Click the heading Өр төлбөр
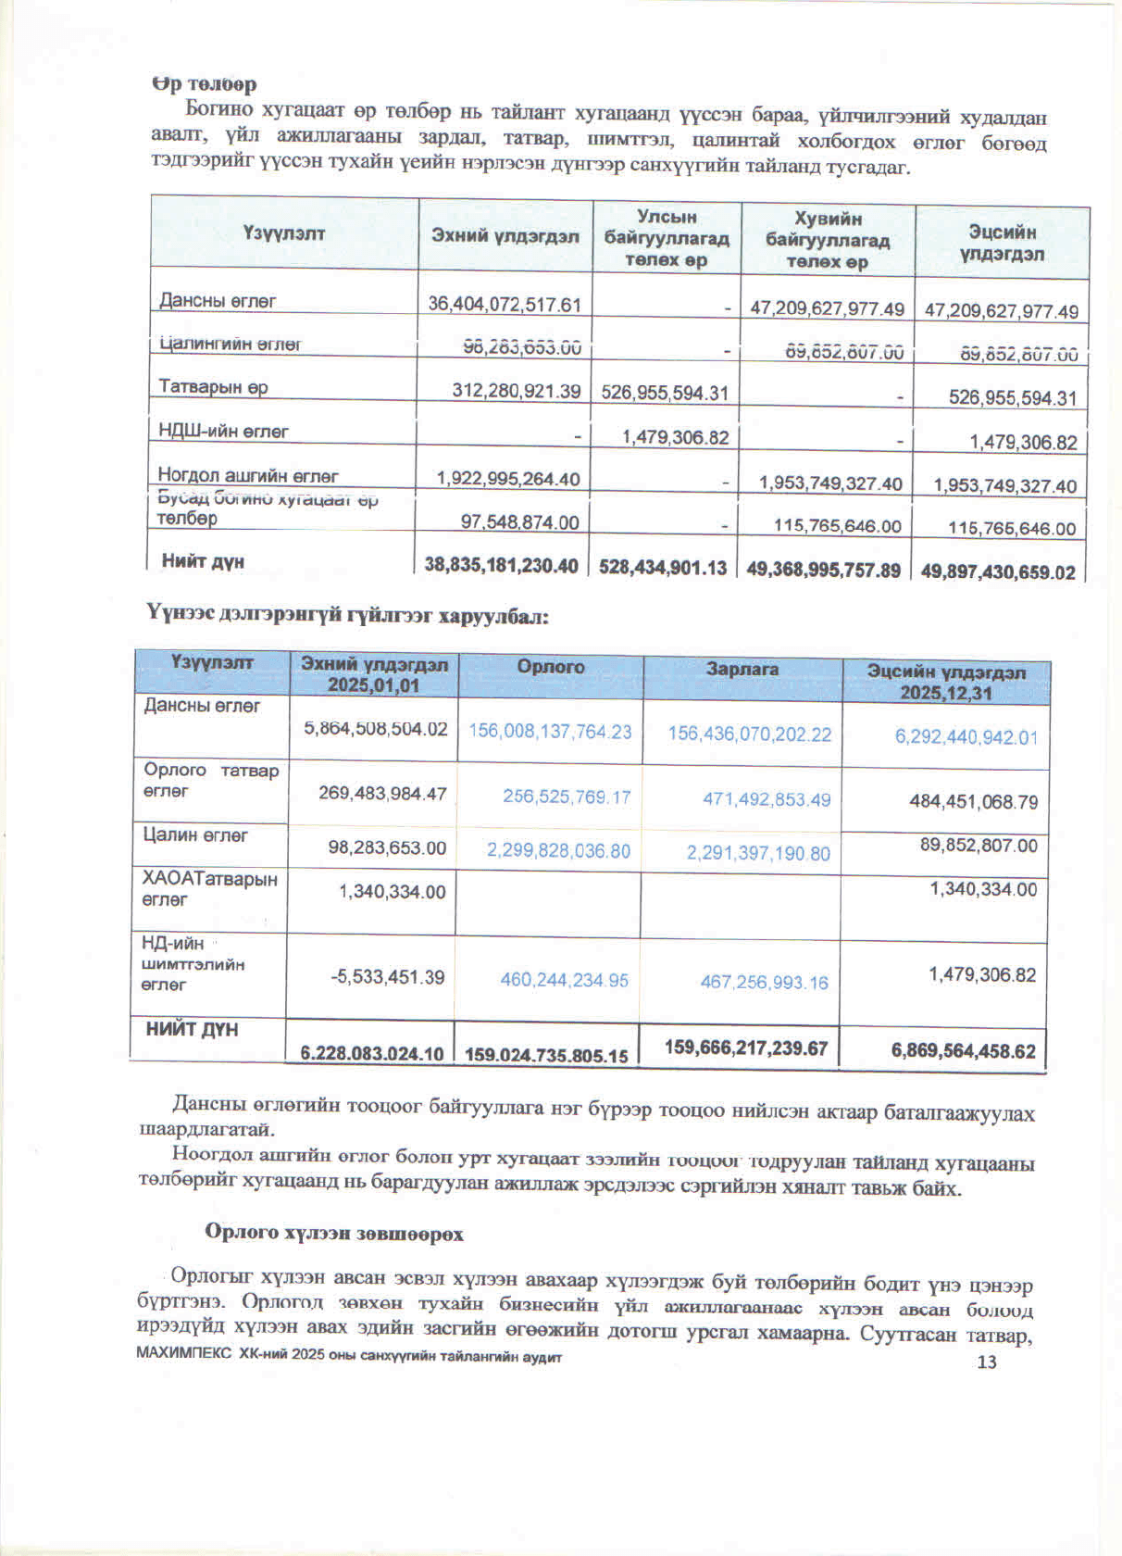pos(204,84)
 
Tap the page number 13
pos(987,1361)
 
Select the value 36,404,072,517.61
pos(505,304)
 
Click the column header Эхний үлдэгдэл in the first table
pos(505,236)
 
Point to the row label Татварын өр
pos(213,386)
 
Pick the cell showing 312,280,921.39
pos(516,391)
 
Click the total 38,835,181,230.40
pos(501,565)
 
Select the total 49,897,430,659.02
pos(998,571)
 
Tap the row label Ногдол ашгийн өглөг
pos(248,475)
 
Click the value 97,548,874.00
pos(519,522)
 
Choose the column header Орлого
pos(551,667)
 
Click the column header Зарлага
pos(742,669)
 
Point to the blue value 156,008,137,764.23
pos(550,731)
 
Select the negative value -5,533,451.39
pos(388,977)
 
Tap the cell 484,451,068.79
pos(973,802)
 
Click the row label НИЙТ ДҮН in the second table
pos(192,1029)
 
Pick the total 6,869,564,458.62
pos(963,1050)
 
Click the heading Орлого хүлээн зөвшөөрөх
pos(334,1234)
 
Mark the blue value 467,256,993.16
pos(764,982)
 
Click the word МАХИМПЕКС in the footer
pos(184,1353)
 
